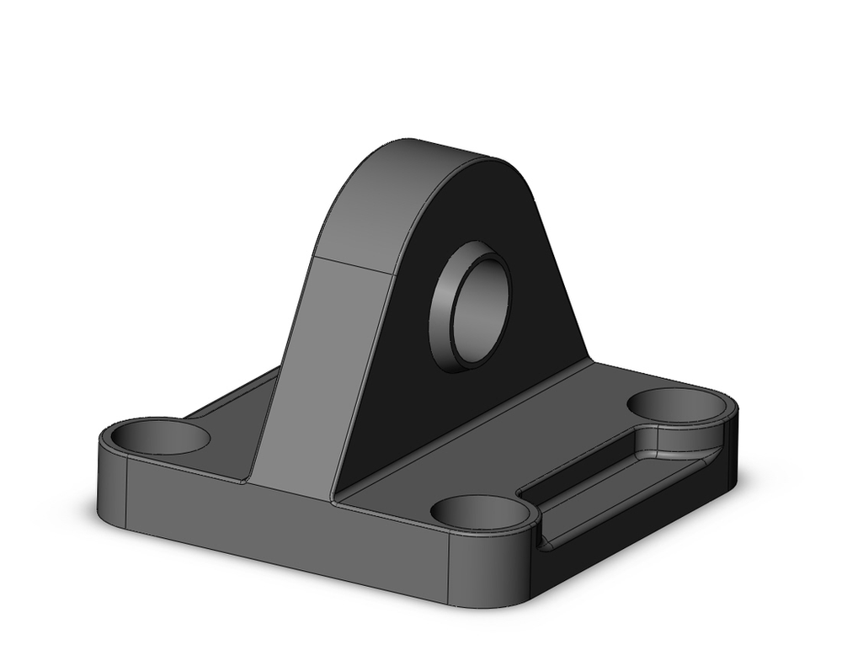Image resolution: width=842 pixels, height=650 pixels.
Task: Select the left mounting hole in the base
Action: (x=160, y=436)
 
